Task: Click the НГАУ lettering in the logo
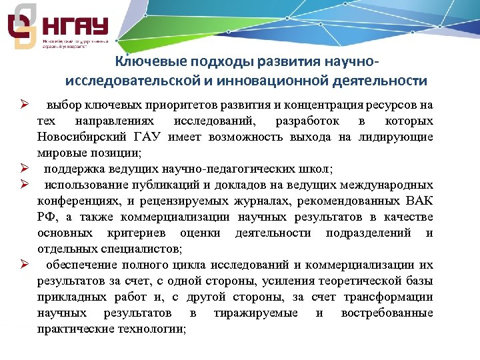75,29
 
